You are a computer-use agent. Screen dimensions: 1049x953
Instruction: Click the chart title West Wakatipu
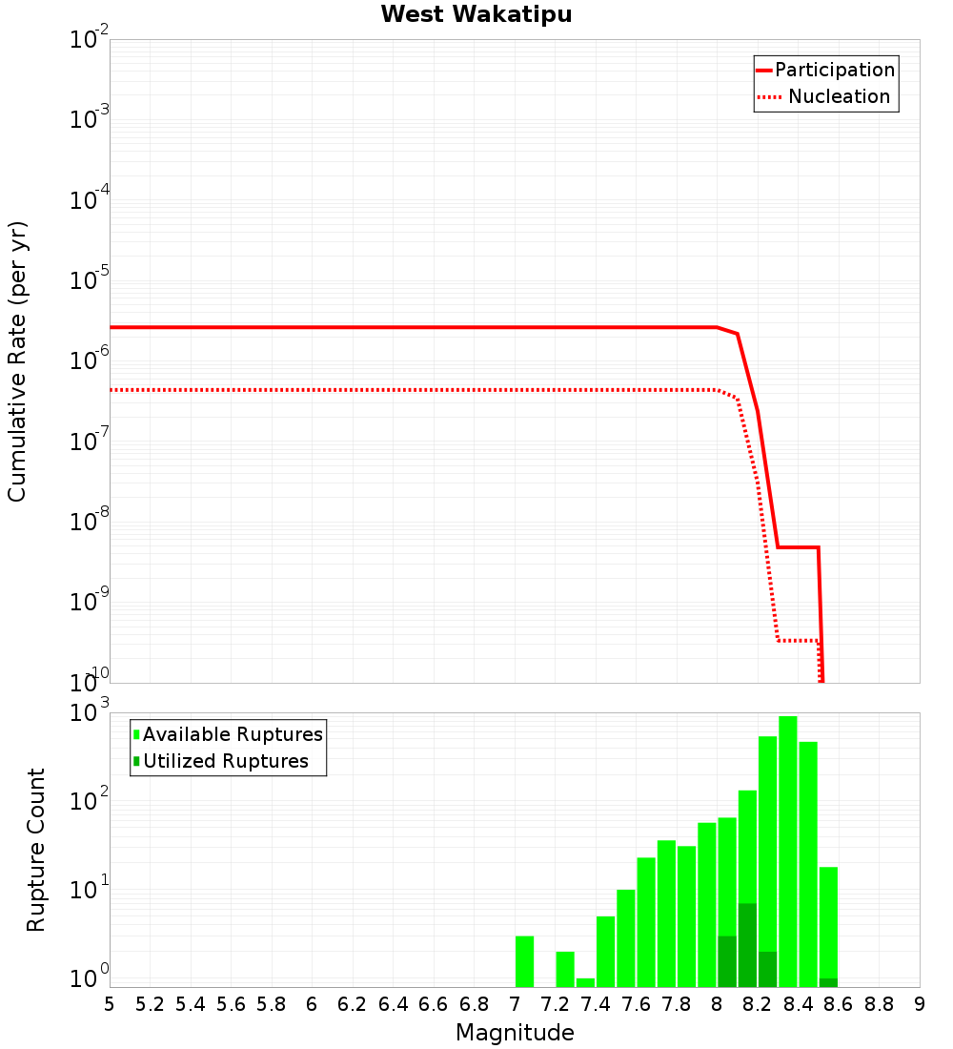coord(476,15)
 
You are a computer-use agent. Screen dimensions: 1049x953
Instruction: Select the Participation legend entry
coord(834,71)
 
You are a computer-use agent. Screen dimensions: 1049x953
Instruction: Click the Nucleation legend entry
coord(838,97)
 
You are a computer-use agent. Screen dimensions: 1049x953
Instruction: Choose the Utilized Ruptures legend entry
coord(225,762)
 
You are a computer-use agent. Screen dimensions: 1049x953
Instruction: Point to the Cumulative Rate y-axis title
coord(18,360)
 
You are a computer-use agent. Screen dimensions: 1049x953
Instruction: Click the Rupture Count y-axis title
coord(36,850)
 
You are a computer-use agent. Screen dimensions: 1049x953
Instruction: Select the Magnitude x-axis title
coord(515,1033)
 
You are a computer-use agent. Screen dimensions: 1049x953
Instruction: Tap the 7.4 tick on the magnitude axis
coord(596,1004)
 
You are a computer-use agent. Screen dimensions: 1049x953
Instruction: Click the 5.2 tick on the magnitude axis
coord(150,1004)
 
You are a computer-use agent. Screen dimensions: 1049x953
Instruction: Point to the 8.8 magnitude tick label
coord(880,1004)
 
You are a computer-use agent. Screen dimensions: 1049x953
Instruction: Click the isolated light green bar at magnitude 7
coord(524,961)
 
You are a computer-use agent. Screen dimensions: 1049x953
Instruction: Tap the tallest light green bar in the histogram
coord(788,849)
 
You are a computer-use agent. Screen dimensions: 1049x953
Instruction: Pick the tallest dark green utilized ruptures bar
coord(747,944)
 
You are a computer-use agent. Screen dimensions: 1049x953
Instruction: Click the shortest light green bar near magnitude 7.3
coord(585,982)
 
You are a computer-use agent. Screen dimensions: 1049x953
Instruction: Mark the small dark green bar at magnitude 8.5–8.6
coord(828,982)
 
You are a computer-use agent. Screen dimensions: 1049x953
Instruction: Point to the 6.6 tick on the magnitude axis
coord(434,1004)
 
